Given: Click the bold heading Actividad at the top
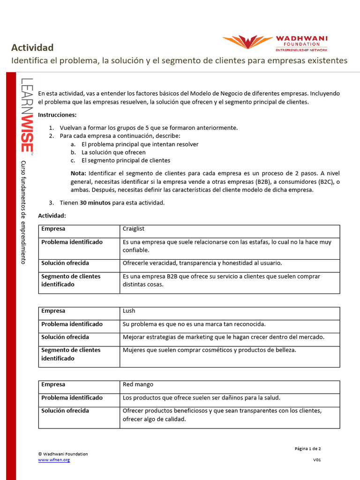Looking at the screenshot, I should tap(32, 47).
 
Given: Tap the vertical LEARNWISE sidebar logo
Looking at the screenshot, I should tap(27, 115).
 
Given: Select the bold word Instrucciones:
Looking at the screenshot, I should tap(57, 115).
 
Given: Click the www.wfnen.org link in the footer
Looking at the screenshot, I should tap(54, 460).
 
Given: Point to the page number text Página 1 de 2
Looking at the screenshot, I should tap(307, 449).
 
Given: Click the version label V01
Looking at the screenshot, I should tap(317, 460).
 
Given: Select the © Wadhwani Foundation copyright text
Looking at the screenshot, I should tap(63, 454).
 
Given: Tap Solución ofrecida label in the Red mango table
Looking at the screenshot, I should tap(65, 411).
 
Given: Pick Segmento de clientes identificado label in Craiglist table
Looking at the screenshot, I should tap(71, 280).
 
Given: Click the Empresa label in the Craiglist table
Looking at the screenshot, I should tap(53, 229).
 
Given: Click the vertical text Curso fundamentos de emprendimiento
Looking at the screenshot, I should tap(23, 212).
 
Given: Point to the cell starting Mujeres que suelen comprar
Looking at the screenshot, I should tap(209, 350).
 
